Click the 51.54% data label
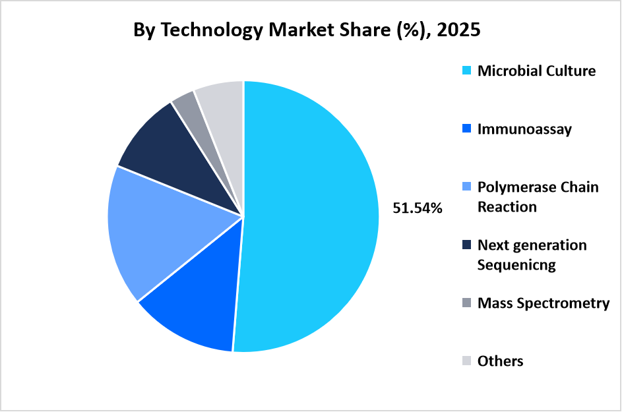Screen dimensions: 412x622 click(418, 208)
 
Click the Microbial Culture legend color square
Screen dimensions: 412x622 click(467, 71)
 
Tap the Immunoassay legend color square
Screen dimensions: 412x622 click(467, 129)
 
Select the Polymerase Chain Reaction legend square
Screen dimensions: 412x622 click(467, 187)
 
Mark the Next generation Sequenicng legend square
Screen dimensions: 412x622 click(467, 245)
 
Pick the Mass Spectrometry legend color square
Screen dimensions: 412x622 click(467, 303)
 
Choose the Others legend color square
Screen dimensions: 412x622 click(467, 361)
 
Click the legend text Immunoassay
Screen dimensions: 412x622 click(524, 129)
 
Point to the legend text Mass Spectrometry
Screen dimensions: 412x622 click(544, 303)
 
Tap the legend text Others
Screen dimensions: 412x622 click(500, 361)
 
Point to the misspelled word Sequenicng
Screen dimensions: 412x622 click(516, 265)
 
